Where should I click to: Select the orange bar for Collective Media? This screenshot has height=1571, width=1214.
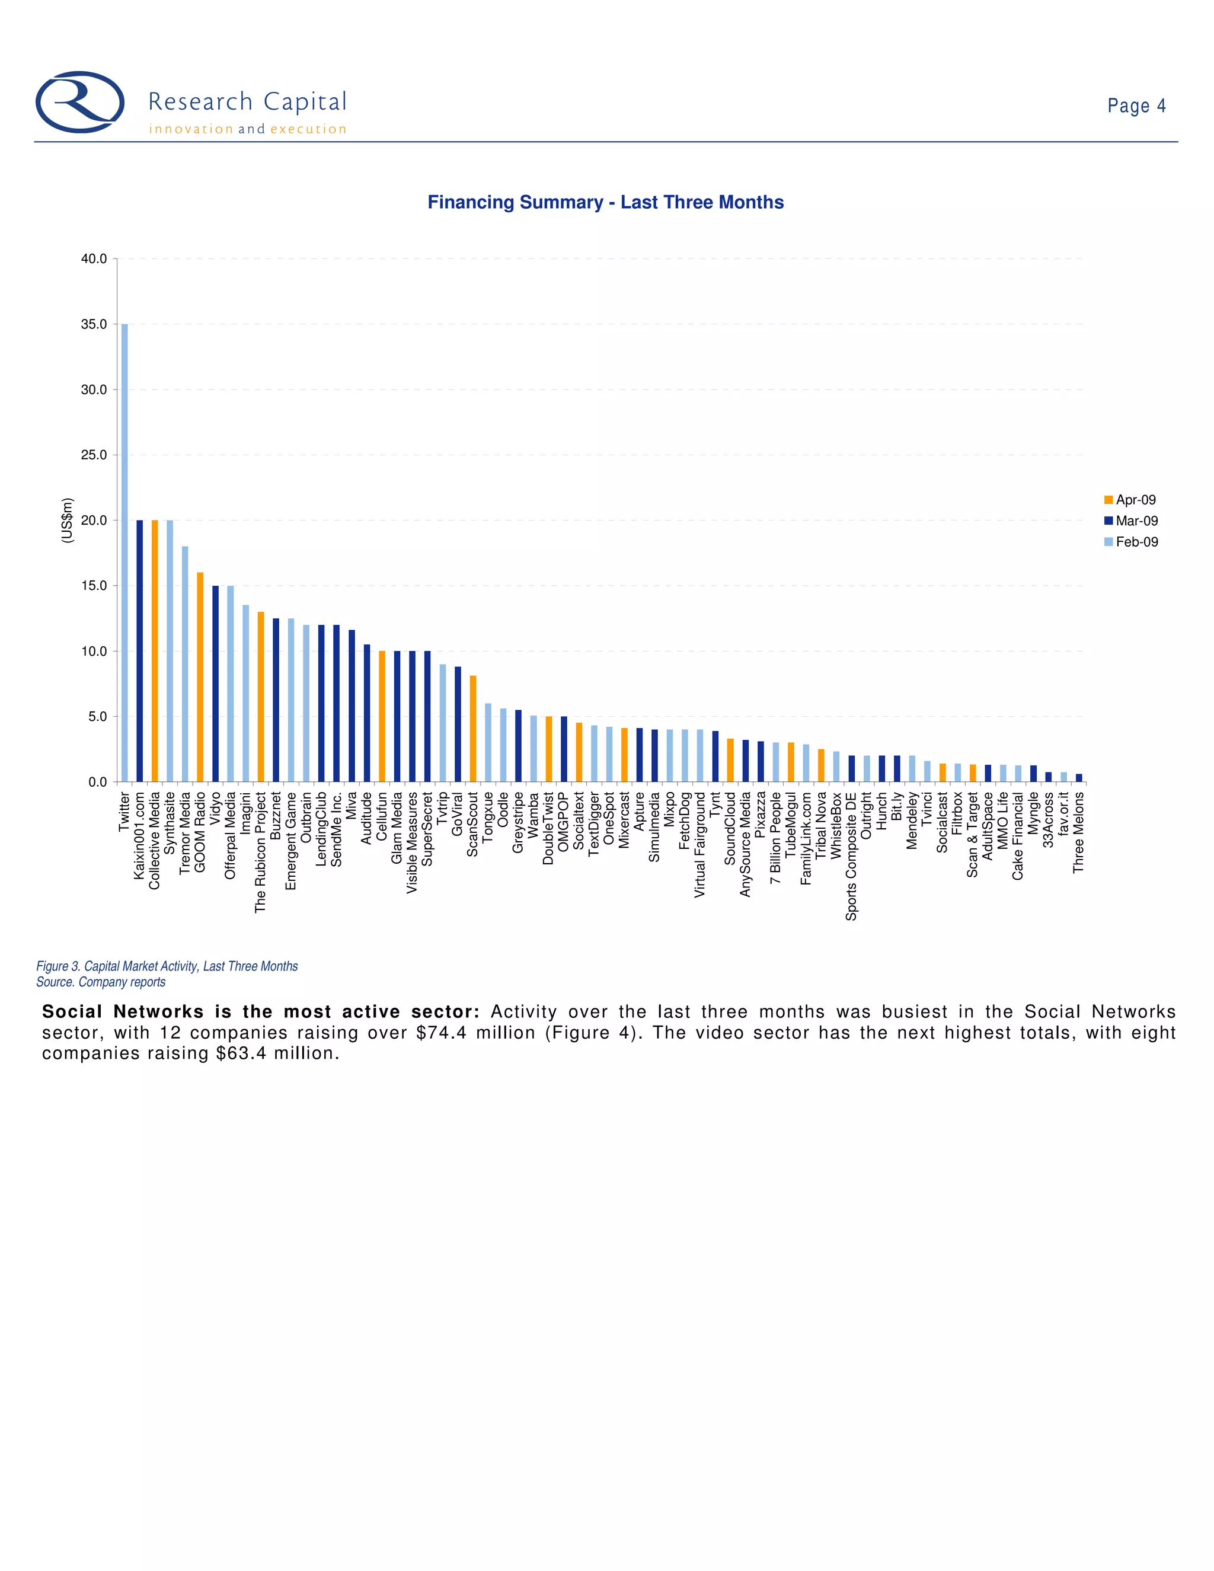click(155, 650)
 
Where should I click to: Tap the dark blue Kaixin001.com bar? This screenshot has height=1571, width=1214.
click(139, 650)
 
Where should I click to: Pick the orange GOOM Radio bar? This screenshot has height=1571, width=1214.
click(200, 677)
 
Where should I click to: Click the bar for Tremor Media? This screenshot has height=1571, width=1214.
click(185, 664)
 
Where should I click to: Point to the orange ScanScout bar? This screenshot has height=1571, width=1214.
click(472, 729)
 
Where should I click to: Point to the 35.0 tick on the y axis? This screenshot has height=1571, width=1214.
click(94, 324)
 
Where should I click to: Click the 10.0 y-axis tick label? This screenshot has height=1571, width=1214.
click(94, 652)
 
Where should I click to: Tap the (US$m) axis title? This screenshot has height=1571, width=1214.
click(67, 520)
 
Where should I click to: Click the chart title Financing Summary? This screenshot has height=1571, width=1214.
click(606, 202)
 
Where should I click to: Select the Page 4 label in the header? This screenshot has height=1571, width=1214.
click(1136, 106)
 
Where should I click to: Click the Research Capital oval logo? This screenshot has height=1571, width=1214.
click(80, 102)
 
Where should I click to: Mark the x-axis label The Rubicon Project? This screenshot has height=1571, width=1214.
click(260, 852)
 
